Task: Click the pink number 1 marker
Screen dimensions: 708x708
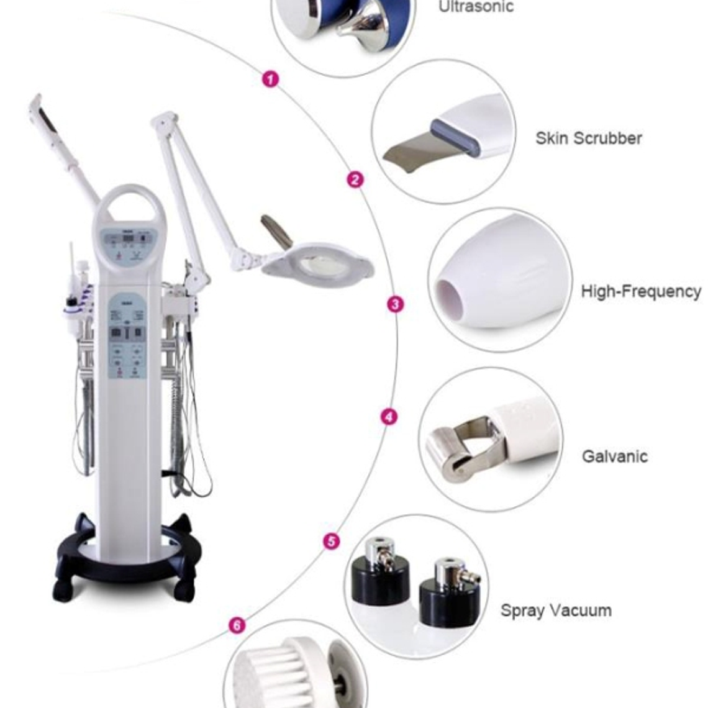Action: click(x=271, y=79)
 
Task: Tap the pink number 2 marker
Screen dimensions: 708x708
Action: click(x=355, y=180)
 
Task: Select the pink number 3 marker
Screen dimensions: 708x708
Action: click(x=395, y=304)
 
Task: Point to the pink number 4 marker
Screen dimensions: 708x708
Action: click(x=389, y=417)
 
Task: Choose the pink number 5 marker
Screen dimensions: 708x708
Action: click(x=332, y=541)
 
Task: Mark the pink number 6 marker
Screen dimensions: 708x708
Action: click(x=237, y=625)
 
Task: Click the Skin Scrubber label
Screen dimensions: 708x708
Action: click(x=588, y=138)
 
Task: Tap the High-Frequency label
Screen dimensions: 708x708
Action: click(x=640, y=291)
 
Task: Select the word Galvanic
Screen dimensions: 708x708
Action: click(x=614, y=456)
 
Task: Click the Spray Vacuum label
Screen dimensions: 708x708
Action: click(x=556, y=610)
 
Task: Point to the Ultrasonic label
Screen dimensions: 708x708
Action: click(x=476, y=7)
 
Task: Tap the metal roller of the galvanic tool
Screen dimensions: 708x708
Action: click(x=446, y=450)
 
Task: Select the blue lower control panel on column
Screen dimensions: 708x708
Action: click(x=127, y=336)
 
